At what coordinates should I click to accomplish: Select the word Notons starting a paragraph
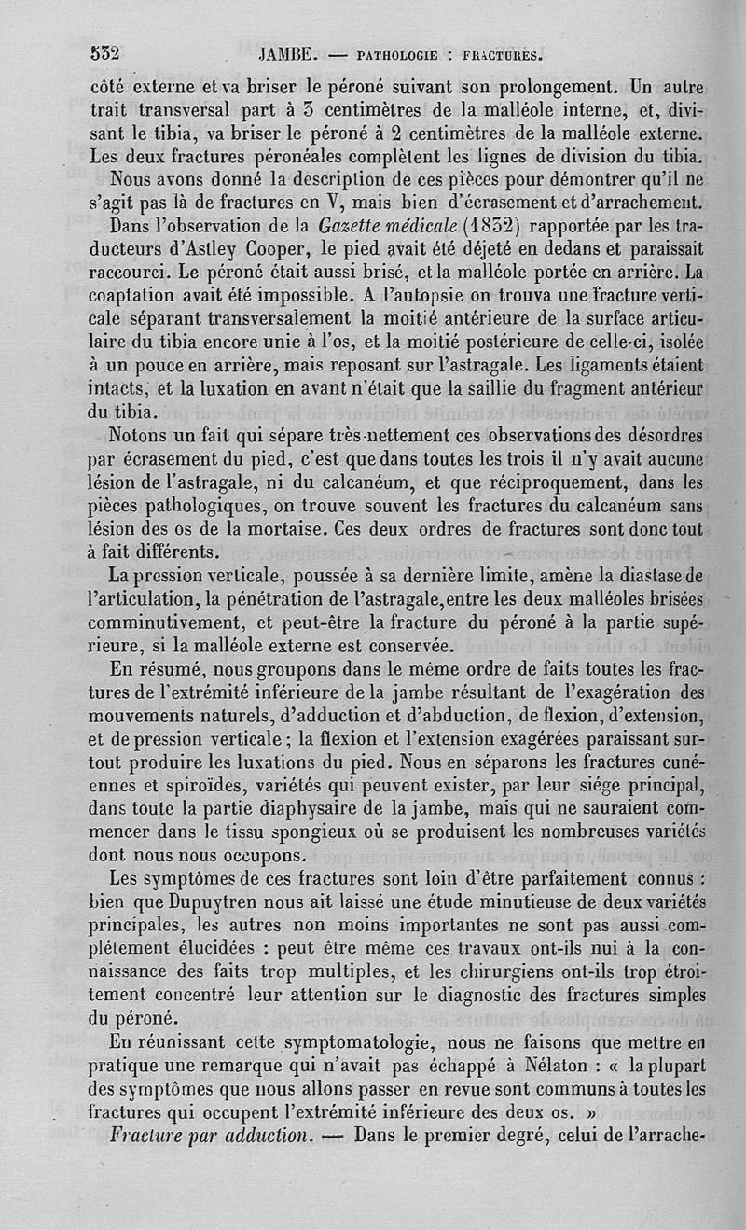click(x=143, y=436)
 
